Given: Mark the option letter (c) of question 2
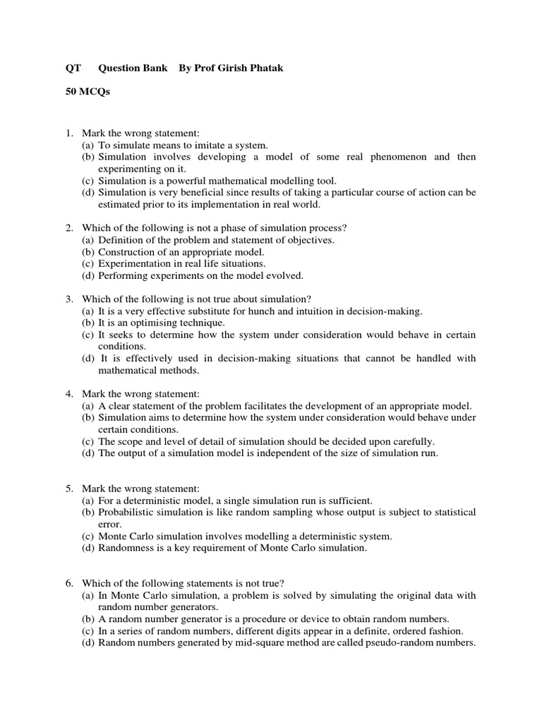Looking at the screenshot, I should [88, 264].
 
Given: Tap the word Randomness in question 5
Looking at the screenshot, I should [126, 548].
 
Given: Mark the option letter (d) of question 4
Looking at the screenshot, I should [88, 453].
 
